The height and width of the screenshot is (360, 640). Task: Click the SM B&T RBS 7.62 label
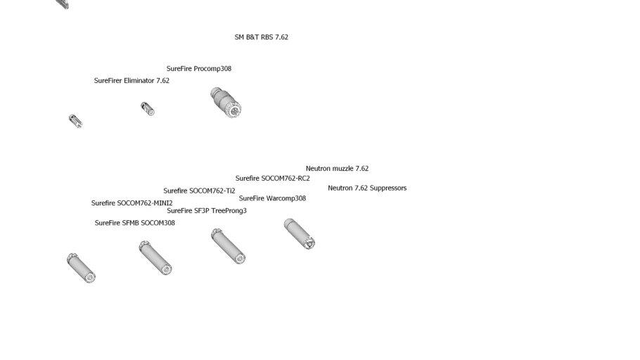[261, 37]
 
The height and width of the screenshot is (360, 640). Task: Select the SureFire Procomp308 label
[198, 69]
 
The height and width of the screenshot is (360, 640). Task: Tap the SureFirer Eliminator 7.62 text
[132, 81]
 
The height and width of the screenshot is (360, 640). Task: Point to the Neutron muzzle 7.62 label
[337, 169]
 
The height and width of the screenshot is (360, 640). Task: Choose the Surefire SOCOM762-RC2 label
[272, 179]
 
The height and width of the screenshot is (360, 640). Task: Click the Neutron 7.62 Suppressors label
[366, 188]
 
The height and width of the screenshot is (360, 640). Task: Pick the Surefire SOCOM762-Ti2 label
[199, 191]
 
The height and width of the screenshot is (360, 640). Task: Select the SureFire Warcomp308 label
[272, 198]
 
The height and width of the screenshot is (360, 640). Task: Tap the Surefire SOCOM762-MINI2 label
[132, 203]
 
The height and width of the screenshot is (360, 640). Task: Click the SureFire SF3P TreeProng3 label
[206, 211]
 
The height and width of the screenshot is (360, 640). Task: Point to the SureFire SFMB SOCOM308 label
[134, 223]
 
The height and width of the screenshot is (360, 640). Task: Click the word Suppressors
[388, 188]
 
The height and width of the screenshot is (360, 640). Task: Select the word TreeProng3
[229, 211]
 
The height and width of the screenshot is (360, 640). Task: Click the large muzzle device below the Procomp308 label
[226, 102]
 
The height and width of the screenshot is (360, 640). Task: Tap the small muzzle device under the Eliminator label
[147, 108]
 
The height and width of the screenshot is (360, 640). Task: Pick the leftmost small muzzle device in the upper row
[75, 121]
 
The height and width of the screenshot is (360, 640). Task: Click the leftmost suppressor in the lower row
[81, 268]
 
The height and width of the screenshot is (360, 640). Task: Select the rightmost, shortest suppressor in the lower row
[300, 233]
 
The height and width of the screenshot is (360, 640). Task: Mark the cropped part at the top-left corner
[63, 4]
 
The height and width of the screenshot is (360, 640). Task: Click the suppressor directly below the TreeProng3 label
[228, 246]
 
